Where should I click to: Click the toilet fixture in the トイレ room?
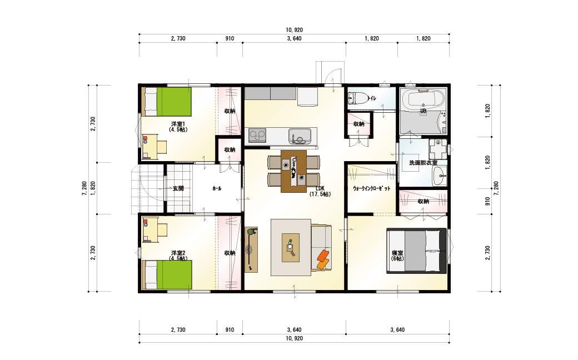(x=357, y=98)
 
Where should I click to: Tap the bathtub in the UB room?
(x=423, y=98)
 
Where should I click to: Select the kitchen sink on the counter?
(x=300, y=137)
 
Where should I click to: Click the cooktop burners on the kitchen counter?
(x=257, y=136)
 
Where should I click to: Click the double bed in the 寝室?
(x=416, y=251)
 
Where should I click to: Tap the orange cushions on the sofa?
(x=323, y=259)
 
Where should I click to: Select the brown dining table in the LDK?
(x=293, y=171)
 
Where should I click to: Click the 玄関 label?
(x=178, y=188)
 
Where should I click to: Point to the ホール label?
(x=217, y=188)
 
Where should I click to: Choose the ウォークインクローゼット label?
(x=371, y=188)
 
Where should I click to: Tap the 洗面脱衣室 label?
(x=423, y=162)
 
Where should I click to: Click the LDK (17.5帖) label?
(x=320, y=191)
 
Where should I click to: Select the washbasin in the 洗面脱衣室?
(x=439, y=176)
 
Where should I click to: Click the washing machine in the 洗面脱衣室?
(x=438, y=148)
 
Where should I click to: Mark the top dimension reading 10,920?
(x=294, y=30)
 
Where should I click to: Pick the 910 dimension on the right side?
(x=488, y=201)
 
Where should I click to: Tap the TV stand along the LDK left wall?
(x=251, y=249)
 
